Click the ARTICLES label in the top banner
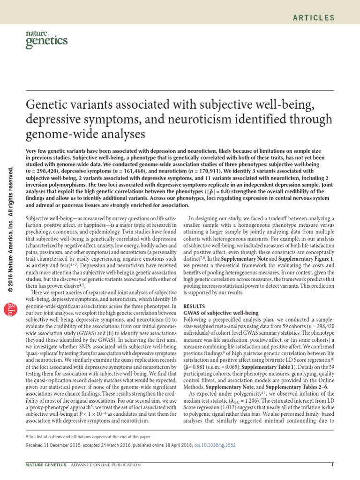(314, 18)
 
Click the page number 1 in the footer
(332, 465)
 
